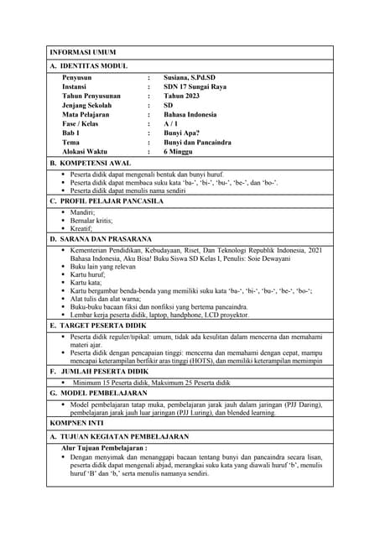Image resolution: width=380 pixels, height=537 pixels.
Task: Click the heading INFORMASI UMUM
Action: (82, 52)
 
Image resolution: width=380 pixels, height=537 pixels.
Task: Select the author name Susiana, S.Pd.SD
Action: (195, 77)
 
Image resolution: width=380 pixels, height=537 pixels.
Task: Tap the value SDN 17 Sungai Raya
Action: (200, 86)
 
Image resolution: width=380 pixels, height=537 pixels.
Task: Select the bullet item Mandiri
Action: (82, 212)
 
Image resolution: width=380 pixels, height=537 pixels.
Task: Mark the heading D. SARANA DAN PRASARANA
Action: (104, 239)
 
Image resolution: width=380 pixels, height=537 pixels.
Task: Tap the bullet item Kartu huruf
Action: (91, 274)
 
